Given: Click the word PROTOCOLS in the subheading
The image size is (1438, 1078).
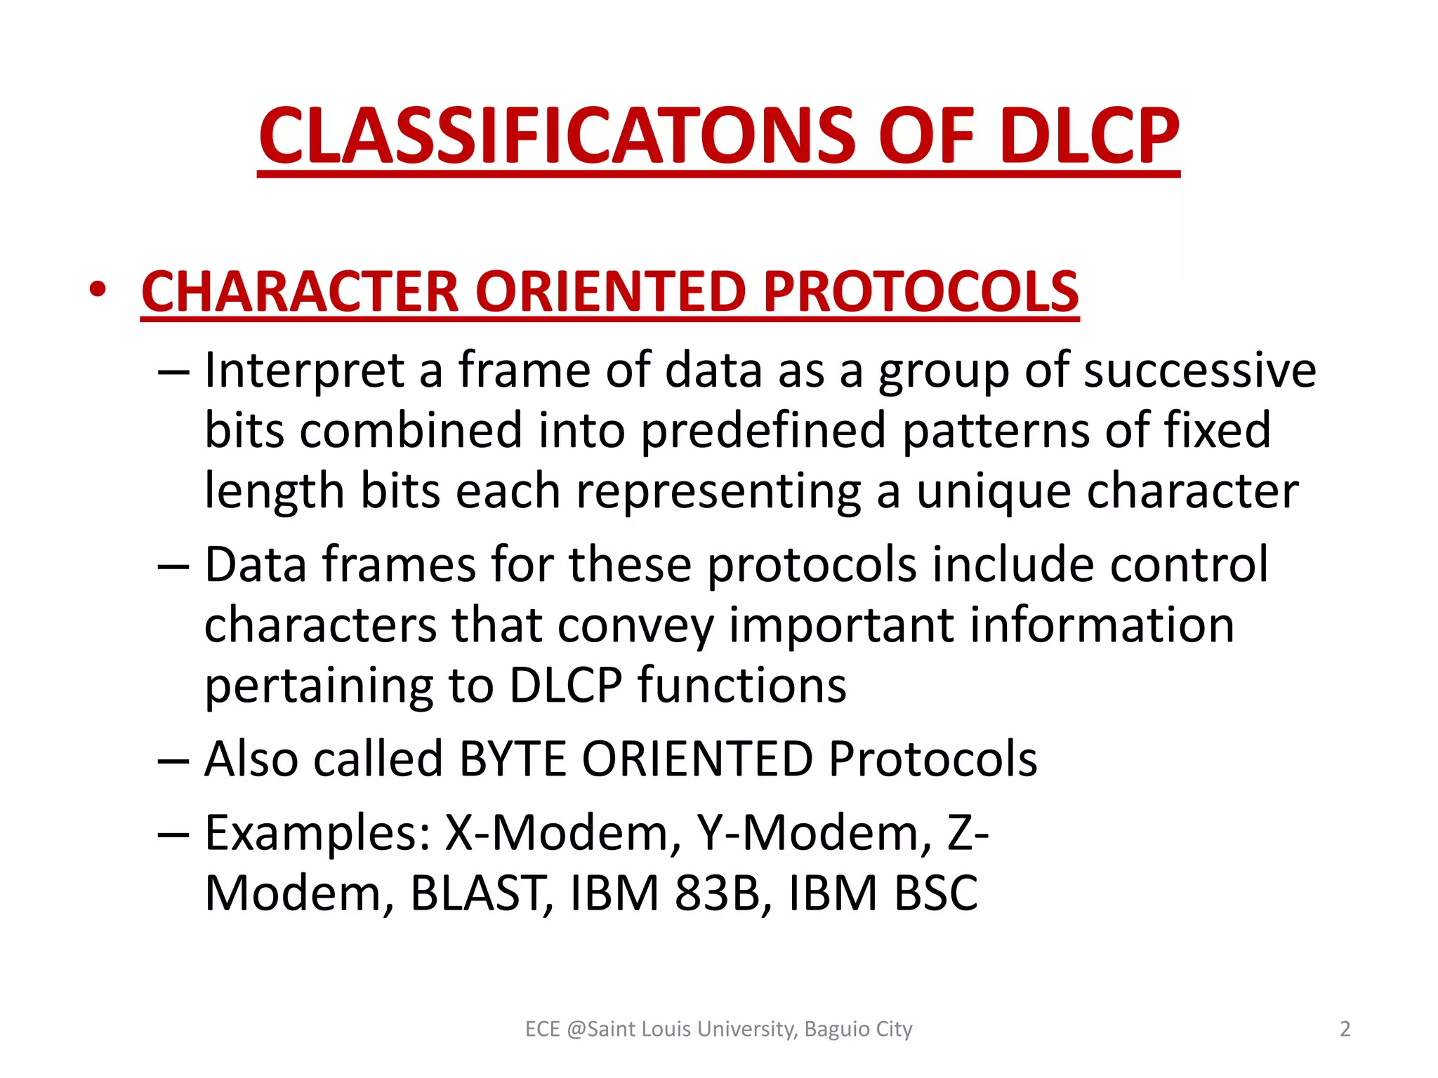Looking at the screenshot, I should [x=921, y=291].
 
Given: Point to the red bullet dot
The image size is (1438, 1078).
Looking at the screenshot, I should [x=98, y=289].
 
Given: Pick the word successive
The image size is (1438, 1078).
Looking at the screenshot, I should [x=1199, y=370].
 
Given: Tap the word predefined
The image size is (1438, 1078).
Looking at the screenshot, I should [x=763, y=430].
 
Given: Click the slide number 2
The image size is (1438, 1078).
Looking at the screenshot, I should [x=1345, y=1029].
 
